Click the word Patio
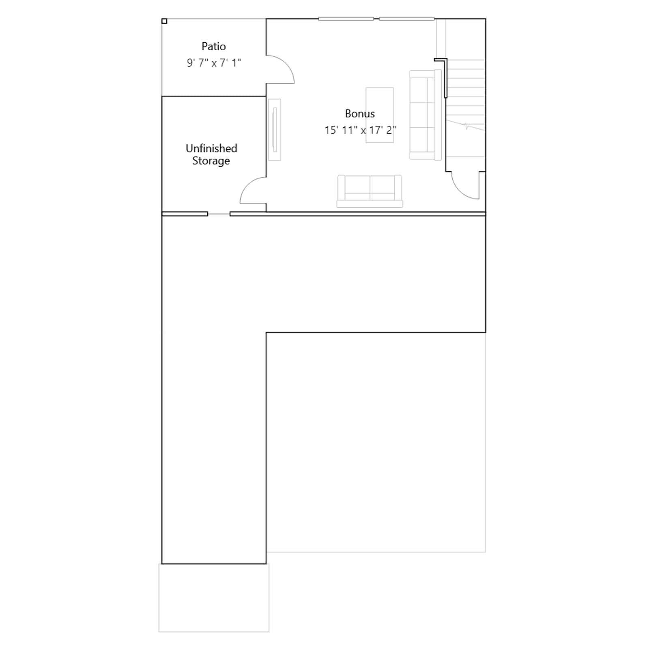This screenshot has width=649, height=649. [213, 46]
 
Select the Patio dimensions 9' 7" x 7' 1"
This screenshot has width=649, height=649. [214, 63]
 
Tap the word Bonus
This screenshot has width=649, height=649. [360, 114]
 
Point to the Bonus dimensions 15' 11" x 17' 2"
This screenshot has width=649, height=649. [360, 130]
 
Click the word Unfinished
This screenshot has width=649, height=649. [211, 148]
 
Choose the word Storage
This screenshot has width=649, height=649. [211, 161]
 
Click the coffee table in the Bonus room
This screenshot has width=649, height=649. [380, 115]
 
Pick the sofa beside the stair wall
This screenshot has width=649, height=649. [425, 115]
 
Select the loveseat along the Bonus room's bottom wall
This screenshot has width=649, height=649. [370, 191]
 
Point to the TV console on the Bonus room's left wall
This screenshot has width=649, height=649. [275, 130]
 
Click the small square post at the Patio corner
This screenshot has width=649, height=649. [164, 21]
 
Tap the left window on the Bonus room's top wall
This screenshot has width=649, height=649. [346, 19]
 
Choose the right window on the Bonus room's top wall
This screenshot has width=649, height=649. [407, 19]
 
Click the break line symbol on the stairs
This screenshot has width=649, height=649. [466, 126]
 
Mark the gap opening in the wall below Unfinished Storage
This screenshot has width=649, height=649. [219, 214]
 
